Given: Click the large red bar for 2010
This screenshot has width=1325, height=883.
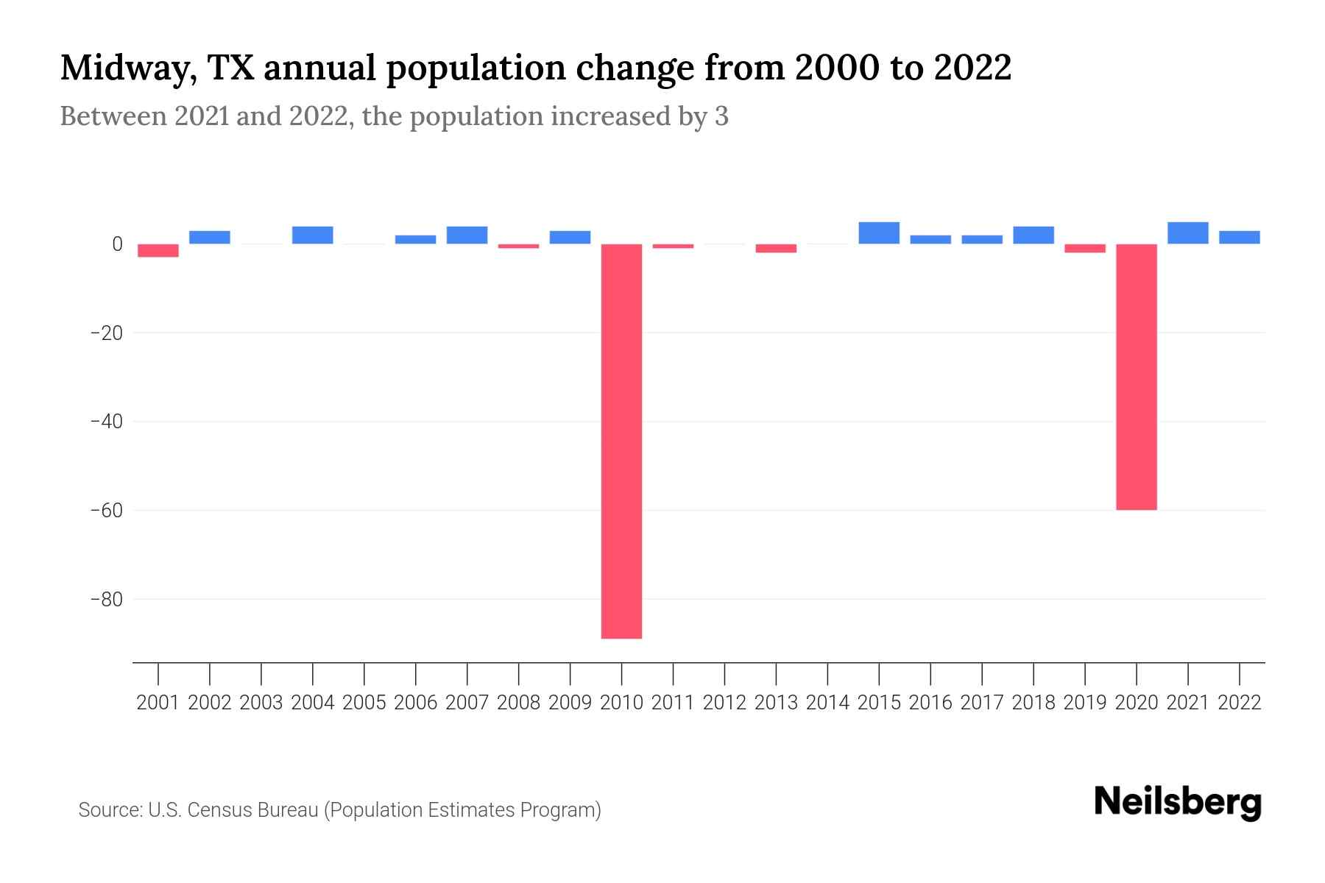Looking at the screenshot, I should tap(621, 441).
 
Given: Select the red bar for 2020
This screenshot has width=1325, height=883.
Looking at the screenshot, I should tap(1136, 376).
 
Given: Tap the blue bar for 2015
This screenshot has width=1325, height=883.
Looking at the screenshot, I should tap(879, 233).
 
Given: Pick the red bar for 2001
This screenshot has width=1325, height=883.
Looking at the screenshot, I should tap(158, 250).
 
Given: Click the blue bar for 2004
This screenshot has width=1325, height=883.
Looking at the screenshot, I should tap(313, 235).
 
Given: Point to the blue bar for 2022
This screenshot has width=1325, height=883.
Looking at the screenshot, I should tap(1240, 237).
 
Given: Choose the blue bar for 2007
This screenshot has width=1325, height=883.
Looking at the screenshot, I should tap(467, 235).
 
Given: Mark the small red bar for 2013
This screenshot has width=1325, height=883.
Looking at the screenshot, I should tap(776, 248).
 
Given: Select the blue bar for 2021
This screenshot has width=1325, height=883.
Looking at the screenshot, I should tap(1187, 233).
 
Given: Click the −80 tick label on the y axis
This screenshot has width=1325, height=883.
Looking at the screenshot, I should tap(106, 599).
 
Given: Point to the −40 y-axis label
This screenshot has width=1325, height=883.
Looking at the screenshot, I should tap(106, 422).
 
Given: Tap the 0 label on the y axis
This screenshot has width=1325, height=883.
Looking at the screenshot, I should tap(117, 244).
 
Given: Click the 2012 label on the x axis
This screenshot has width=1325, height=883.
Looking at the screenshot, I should tap(724, 703).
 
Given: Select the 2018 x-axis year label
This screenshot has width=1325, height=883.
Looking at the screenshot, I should tap(1033, 703).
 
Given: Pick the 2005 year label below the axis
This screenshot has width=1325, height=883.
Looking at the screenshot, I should tap(364, 703).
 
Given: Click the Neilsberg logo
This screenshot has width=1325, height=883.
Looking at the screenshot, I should tap(1178, 802).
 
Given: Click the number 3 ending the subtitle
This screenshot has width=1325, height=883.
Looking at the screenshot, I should tap(721, 116).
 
